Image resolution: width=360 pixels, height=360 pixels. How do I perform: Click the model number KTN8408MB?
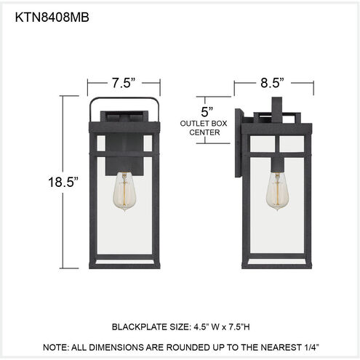pyautogui.click(x=52, y=17)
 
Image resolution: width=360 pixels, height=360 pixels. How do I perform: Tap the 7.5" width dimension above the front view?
pyautogui.click(x=123, y=83)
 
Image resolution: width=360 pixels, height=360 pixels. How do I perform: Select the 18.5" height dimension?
pyautogui.click(x=63, y=182)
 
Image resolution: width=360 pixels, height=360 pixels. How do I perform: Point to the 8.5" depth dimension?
pyautogui.click(x=272, y=83)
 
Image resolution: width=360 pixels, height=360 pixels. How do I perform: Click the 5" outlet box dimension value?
pyautogui.click(x=207, y=111)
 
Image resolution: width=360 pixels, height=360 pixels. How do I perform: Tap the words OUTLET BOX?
pyautogui.click(x=204, y=124)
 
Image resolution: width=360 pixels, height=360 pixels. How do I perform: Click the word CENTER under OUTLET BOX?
pyautogui.click(x=204, y=132)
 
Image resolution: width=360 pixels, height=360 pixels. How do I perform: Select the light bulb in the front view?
pyautogui.click(x=124, y=191)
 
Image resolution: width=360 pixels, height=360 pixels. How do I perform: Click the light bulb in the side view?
pyautogui.click(x=277, y=191)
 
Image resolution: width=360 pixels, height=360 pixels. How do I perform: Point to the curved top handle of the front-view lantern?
pyautogui.click(x=124, y=98)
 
